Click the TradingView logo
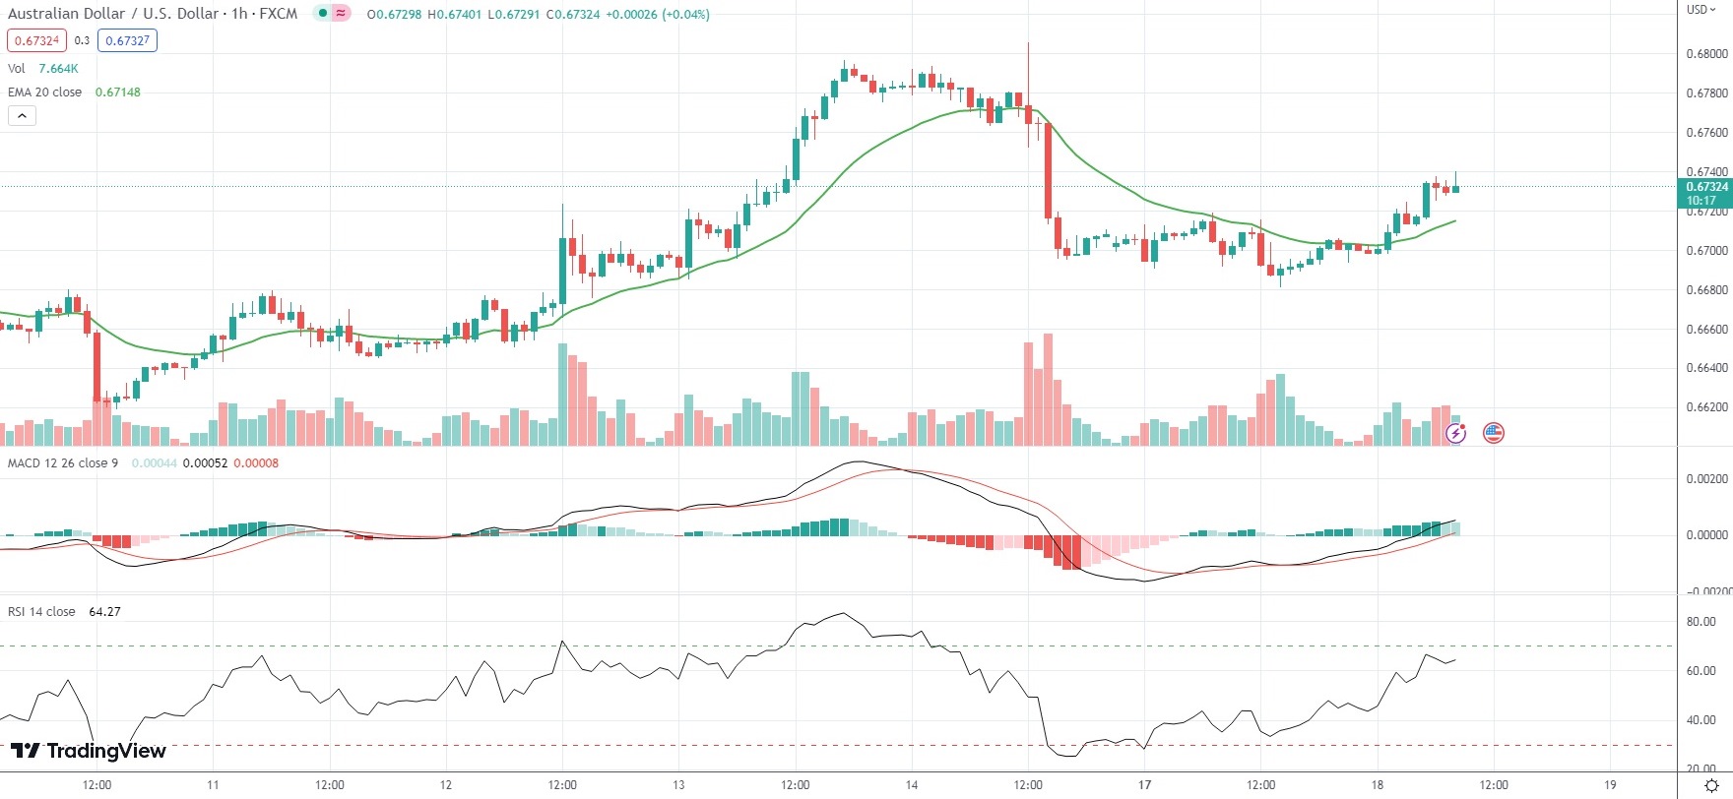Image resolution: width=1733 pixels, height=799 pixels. [89, 751]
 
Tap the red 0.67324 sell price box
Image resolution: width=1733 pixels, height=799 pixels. [37, 40]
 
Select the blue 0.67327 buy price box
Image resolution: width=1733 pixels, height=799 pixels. [127, 40]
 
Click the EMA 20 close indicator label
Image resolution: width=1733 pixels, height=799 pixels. [45, 92]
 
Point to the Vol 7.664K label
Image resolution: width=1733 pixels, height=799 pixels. [43, 68]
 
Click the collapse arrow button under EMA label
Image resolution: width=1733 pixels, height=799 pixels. [22, 115]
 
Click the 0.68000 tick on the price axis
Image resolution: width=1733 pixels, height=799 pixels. [1706, 54]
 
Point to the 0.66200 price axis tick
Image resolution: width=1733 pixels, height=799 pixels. [1706, 407]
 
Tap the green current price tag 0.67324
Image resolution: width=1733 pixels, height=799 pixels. [1705, 187]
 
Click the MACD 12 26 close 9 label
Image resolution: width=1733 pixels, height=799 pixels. [63, 463]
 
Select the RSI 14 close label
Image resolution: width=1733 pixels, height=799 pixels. [41, 612]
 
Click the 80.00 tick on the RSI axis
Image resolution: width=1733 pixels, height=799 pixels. [1701, 622]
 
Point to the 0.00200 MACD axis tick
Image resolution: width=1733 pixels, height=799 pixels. [1706, 479]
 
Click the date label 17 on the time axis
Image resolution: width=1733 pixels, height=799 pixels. [1144, 785]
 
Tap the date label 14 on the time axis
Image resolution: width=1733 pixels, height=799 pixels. [912, 785]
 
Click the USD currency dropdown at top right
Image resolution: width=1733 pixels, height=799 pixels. [1701, 10]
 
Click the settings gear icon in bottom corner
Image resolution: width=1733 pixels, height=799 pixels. [1711, 785]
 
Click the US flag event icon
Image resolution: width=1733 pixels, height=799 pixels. [1494, 432]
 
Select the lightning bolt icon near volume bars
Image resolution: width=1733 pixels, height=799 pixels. [1456, 433]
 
